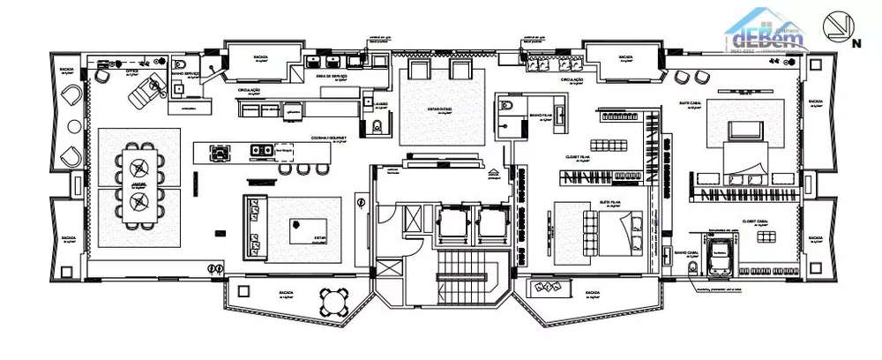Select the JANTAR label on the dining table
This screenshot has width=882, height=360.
(137, 183)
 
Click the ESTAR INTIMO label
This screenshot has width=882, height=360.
(441, 110)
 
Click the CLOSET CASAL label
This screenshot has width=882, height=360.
(757, 222)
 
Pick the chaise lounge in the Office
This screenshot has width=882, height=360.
(146, 88)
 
